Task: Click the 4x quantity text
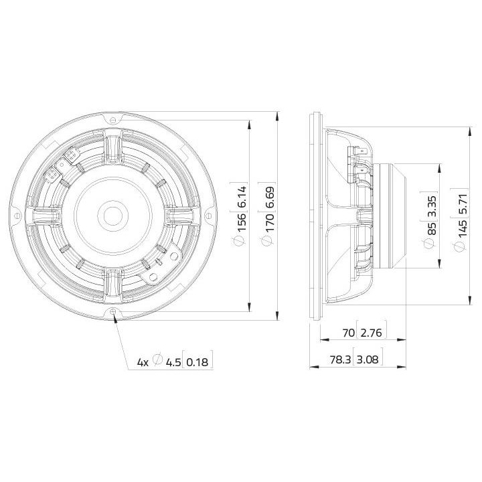point(142,361)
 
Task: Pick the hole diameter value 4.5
point(173,361)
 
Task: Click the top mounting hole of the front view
point(113,118)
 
